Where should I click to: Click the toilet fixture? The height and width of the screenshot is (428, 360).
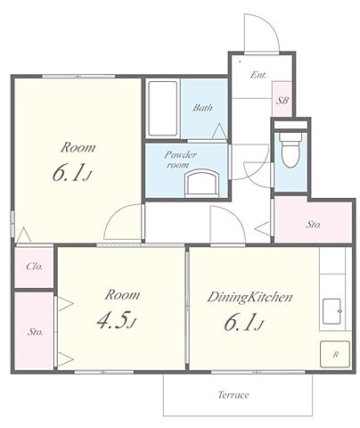click(290, 150)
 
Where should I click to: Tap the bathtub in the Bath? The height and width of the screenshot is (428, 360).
click(163, 109)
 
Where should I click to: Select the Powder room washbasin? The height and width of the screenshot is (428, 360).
click(202, 183)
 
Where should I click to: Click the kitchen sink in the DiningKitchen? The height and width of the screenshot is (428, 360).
click(331, 311)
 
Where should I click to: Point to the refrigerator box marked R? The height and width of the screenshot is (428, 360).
click(335, 354)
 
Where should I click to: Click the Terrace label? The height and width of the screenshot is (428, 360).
click(233, 395)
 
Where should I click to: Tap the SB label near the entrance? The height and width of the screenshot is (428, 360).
click(282, 101)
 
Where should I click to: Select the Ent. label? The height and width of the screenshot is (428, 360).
click(258, 75)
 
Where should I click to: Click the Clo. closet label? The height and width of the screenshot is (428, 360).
click(34, 267)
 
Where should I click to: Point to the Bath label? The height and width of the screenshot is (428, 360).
click(202, 107)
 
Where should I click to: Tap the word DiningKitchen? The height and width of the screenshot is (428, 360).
click(250, 297)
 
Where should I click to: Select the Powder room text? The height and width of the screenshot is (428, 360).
click(181, 160)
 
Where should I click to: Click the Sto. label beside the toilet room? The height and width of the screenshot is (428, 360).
click(314, 225)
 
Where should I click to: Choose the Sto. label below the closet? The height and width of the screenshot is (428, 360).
click(35, 332)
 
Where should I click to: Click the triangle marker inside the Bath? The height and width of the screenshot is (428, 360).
click(220, 131)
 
